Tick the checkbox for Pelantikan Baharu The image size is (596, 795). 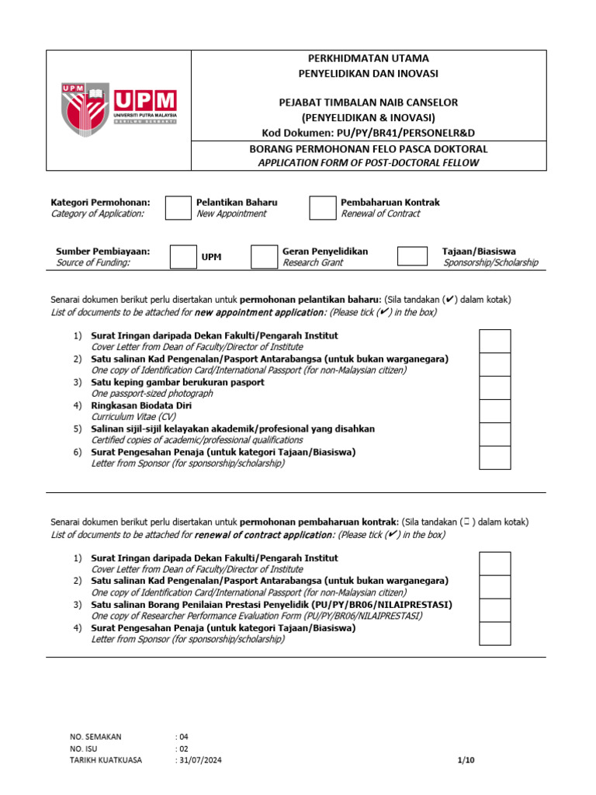pyautogui.click(x=178, y=208)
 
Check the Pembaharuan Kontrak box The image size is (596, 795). pyautogui.click(x=322, y=208)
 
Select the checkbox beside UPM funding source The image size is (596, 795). pyautogui.click(x=183, y=257)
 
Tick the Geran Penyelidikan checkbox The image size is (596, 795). pyautogui.click(x=264, y=257)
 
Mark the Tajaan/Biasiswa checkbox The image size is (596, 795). pyautogui.click(x=411, y=256)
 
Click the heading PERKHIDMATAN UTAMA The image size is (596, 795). pyautogui.click(x=369, y=58)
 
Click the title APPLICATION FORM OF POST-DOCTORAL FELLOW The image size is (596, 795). pyautogui.click(x=369, y=162)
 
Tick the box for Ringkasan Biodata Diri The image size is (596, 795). pyautogui.click(x=494, y=411)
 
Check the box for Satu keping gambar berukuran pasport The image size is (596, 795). pyautogui.click(x=494, y=387)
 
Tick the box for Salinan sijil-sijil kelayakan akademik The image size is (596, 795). pyautogui.click(x=494, y=434)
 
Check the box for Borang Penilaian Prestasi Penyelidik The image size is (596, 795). pyautogui.click(x=494, y=610)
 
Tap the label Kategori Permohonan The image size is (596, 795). pyautogui.click(x=100, y=203)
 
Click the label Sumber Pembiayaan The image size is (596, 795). pyautogui.click(x=102, y=252)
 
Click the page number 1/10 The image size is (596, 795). pyautogui.click(x=466, y=761)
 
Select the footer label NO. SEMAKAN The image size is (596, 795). pyautogui.click(x=95, y=737)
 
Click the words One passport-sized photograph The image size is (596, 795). pyautogui.click(x=152, y=394)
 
